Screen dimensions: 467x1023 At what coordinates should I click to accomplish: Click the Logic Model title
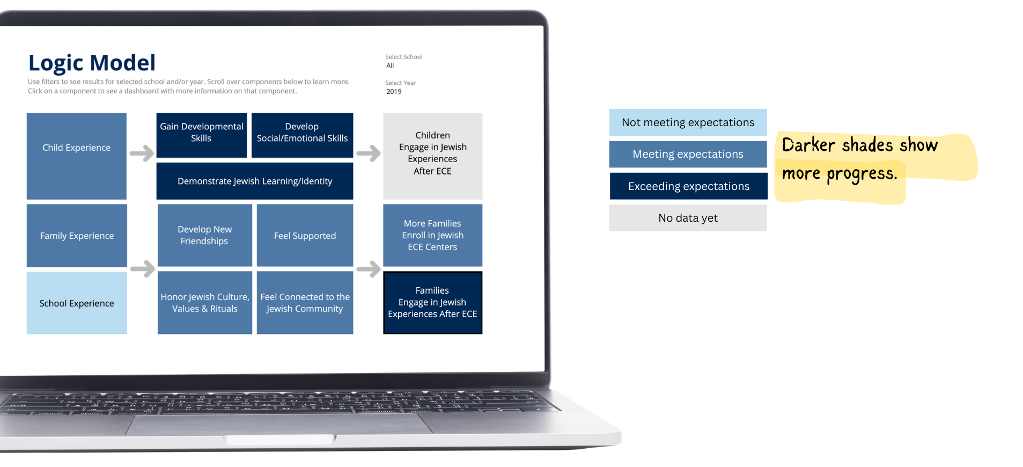[x=92, y=63]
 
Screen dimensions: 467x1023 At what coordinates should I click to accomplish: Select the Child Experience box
[x=77, y=156]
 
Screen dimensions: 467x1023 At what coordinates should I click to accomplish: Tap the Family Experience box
[x=77, y=236]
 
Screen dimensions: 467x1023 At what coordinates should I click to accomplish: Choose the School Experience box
[x=77, y=303]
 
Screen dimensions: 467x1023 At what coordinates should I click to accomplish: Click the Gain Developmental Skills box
[x=201, y=135]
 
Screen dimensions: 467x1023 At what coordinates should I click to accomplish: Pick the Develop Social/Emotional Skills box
[x=302, y=135]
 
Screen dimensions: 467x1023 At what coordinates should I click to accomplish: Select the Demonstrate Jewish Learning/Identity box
[x=255, y=181]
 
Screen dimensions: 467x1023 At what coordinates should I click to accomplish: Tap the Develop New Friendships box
[x=204, y=235]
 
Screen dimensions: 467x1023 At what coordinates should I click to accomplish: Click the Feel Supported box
[x=305, y=236]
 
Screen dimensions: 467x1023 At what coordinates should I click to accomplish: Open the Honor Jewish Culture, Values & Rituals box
[x=204, y=303]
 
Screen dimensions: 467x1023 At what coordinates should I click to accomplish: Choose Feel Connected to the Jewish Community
[x=305, y=303]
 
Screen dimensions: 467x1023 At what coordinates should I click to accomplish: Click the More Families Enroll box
[x=432, y=235]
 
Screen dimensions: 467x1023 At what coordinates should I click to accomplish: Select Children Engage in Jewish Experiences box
[x=432, y=156]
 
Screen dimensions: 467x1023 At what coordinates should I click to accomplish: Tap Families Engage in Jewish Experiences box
[x=432, y=303]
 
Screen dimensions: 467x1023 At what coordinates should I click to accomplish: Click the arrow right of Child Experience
[x=142, y=154]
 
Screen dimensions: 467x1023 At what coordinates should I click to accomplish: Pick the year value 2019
[x=394, y=92]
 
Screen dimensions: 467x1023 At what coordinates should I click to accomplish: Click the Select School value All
[x=390, y=65]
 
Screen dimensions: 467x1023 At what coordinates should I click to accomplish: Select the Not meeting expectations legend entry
[x=688, y=122]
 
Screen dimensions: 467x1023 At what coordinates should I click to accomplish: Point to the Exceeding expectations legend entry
[x=688, y=186]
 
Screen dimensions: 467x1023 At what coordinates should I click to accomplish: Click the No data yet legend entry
[x=688, y=218]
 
